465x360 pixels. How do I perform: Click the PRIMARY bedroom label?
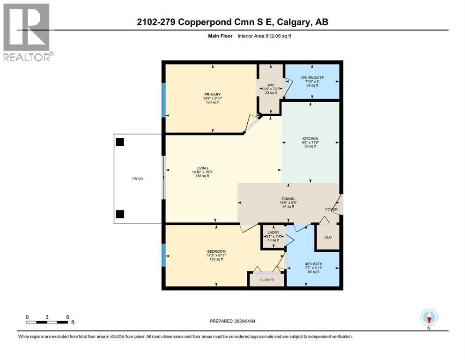212,94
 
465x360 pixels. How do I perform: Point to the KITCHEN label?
310,139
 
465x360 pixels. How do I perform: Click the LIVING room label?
202,168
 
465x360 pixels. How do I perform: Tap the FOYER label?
331,210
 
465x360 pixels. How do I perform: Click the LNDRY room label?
273,232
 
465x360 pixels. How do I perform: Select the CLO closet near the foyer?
328,237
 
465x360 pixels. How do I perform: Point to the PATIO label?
138,179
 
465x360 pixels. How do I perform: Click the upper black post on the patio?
120,142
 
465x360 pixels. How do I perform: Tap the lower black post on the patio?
120,214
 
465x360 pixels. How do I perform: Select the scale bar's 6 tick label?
68,317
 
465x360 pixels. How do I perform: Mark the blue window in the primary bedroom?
163,100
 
